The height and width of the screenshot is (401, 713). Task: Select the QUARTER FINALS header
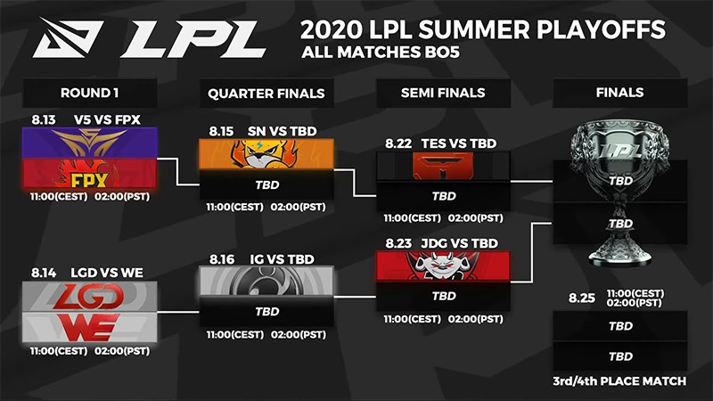(x=266, y=92)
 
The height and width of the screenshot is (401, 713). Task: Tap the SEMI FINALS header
(x=444, y=92)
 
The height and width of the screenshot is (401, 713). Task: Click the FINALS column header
(x=619, y=92)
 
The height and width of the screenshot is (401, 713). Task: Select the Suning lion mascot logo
(x=266, y=154)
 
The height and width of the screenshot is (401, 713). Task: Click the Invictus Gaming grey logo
(x=266, y=280)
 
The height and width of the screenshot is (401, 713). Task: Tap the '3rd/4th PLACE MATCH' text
(x=619, y=381)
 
